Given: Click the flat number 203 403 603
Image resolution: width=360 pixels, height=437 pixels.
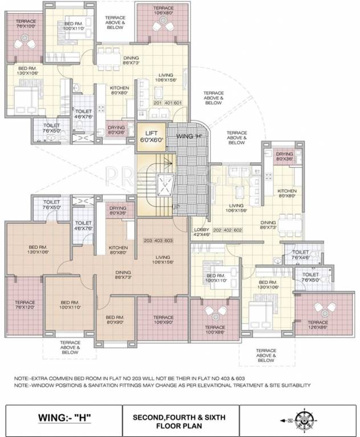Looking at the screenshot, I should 158,241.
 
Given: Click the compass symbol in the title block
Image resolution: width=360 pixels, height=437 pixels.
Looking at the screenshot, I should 299,420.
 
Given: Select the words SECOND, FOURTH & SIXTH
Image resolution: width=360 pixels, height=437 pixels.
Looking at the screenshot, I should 179,417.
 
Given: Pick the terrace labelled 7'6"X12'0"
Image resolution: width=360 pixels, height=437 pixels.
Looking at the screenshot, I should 25,306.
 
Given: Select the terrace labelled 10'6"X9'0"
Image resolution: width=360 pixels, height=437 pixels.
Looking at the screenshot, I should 163,320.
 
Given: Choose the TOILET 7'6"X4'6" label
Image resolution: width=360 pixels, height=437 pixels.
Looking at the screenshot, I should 301,254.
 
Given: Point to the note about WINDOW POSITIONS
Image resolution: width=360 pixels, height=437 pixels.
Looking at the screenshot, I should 162,385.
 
